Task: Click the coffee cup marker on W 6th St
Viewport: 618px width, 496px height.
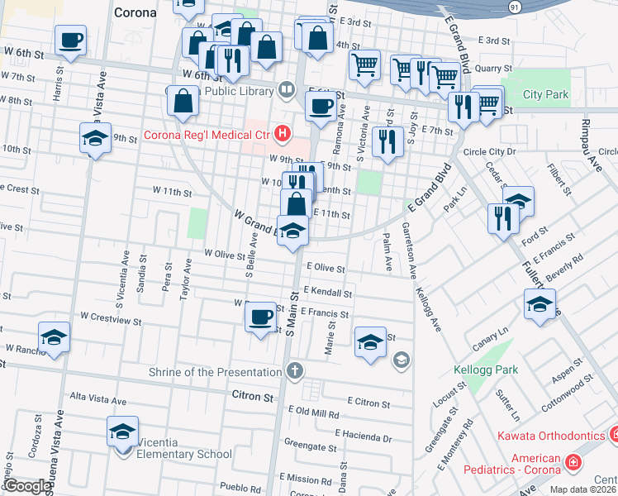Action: pos(71,40)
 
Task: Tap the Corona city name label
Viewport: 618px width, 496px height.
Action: pos(135,12)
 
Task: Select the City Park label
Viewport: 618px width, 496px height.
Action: pos(545,95)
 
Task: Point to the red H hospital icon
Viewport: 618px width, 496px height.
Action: pos(284,133)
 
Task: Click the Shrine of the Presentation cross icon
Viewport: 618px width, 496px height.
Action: pos(294,371)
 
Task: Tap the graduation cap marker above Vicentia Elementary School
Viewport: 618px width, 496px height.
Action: pos(123,432)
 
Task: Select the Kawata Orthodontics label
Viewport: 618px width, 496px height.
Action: pos(549,436)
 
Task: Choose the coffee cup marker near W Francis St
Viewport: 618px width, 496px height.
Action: pos(261,316)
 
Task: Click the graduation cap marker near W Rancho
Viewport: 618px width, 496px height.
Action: pos(54,337)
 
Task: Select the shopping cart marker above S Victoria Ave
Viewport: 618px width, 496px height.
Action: pos(364,64)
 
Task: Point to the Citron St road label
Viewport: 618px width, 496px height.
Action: pos(252,397)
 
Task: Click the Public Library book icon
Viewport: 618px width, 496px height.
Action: pos(287,88)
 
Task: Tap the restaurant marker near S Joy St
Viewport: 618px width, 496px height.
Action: pos(387,141)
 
